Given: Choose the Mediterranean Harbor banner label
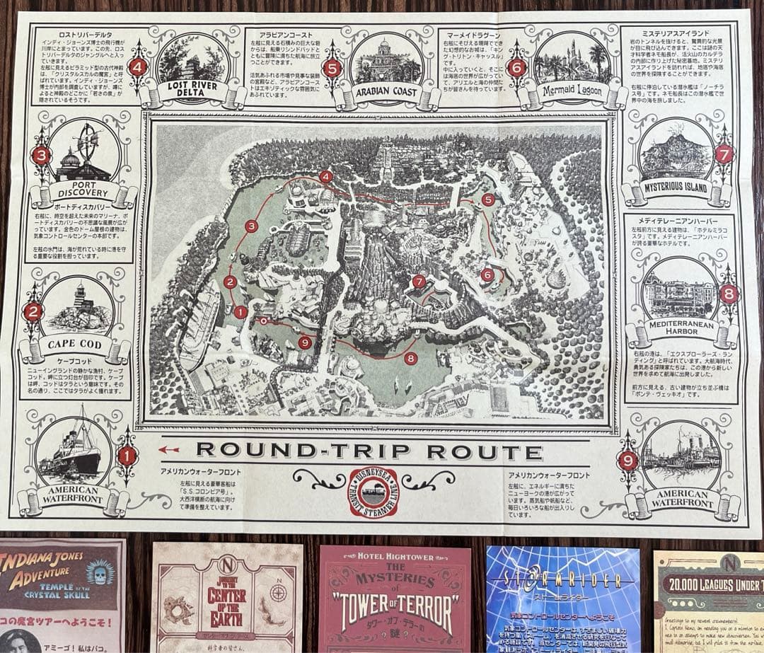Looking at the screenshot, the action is (678, 332).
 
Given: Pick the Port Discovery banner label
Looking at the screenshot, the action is (83, 190).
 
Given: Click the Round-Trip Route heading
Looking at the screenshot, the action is (369, 451).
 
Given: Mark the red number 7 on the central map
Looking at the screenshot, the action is (419, 281).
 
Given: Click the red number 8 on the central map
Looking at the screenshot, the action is (411, 358).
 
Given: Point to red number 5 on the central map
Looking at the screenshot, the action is (487, 200).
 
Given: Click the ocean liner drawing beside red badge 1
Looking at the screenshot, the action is (74, 453).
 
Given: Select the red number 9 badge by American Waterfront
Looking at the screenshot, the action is (627, 460).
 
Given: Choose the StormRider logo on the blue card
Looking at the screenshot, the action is (562, 582).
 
